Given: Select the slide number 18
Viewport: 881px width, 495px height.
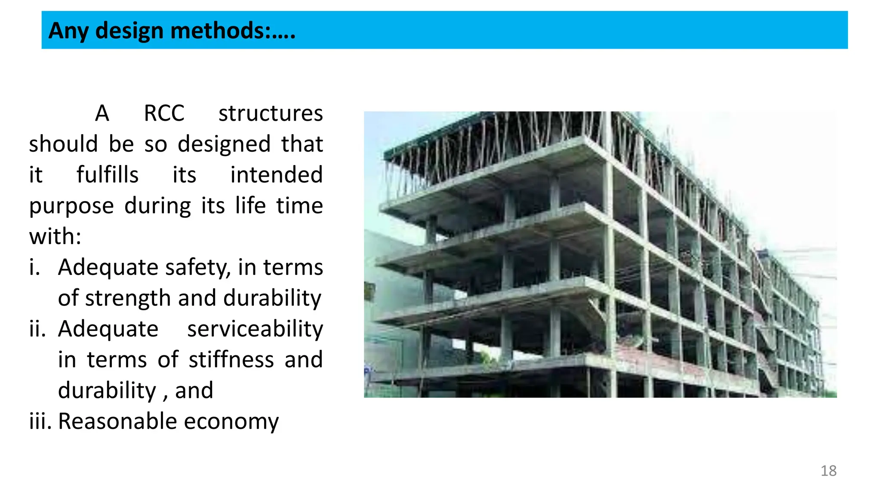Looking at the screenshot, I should pos(828,471).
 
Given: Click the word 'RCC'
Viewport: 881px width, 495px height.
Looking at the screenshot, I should pos(164,114).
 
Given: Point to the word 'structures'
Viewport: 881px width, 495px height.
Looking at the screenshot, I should pos(270,114).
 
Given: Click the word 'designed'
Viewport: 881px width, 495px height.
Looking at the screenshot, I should pos(224,144).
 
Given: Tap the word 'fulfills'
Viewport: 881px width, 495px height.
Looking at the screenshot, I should pos(108,175).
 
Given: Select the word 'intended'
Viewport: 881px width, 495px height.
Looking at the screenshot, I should pos(276,175).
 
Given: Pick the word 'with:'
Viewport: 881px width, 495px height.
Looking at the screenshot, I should pos(55,237).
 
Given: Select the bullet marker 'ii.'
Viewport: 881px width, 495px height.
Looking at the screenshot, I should pos(37,329).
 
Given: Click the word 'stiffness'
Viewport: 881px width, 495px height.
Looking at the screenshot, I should pos(231,360).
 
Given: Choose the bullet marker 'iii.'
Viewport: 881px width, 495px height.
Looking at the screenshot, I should pos(40,421).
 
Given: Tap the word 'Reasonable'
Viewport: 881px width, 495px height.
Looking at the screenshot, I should pos(117,421).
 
